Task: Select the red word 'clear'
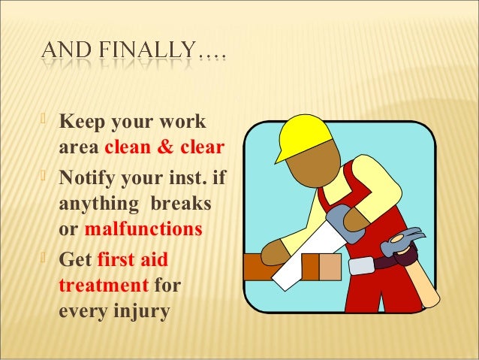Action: (200, 146)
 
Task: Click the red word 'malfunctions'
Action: (143, 227)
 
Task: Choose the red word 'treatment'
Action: (102, 286)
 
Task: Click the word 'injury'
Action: (137, 310)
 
